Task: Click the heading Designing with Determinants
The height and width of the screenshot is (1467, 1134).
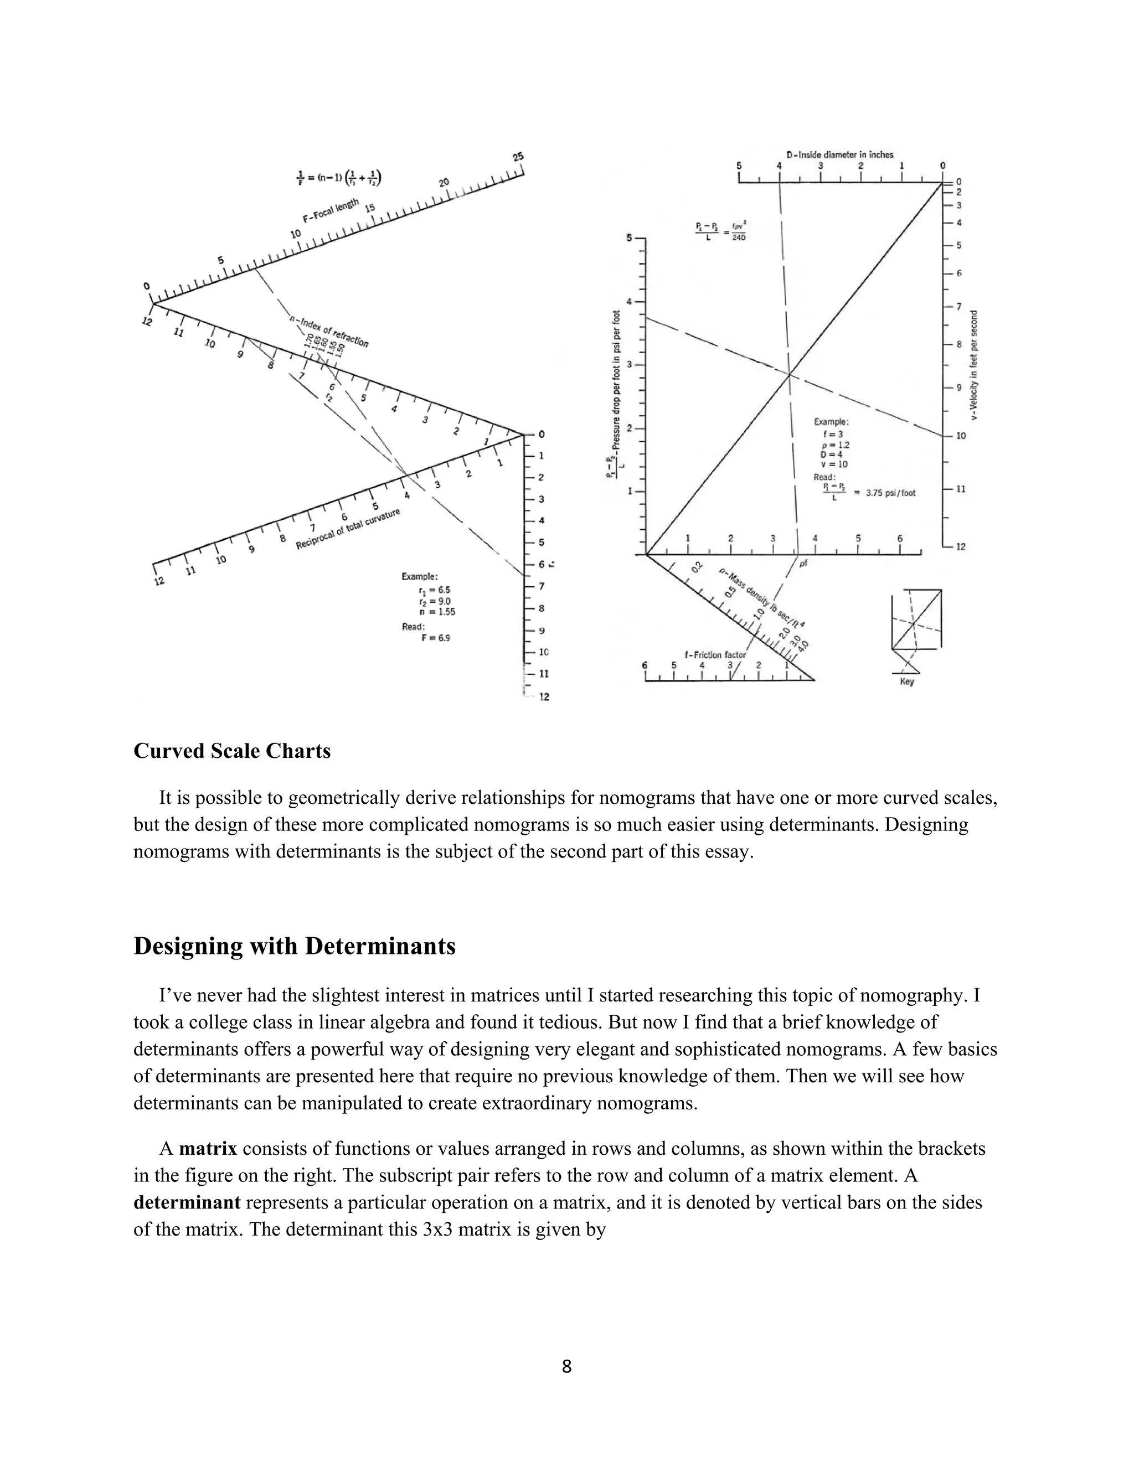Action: pos(294,946)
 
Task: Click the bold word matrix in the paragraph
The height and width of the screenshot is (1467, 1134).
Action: pos(208,1149)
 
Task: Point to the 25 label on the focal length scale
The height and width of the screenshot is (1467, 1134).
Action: pos(518,157)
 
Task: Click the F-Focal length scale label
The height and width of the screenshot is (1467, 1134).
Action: pos(331,210)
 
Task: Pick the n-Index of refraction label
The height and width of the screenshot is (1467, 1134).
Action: pos(329,331)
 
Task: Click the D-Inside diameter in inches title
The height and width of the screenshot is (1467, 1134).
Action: pos(840,154)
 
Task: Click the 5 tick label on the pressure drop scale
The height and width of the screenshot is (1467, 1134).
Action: pos(630,238)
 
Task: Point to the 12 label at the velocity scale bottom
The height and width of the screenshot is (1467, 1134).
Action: pos(961,547)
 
